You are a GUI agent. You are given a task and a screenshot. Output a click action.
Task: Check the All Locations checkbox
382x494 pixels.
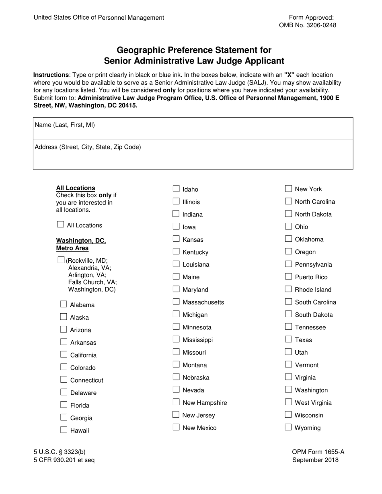(61, 225)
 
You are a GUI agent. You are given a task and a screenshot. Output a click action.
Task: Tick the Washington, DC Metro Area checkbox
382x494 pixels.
(61, 260)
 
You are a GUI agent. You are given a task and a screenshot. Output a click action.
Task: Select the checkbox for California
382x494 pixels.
(64, 354)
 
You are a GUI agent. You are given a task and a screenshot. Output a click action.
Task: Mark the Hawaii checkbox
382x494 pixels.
(64, 430)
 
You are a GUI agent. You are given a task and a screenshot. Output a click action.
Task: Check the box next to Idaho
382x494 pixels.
(176, 189)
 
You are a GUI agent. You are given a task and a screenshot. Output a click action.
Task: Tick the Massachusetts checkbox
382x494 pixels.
(176, 302)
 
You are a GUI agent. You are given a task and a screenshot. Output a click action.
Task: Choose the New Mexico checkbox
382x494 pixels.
(176, 427)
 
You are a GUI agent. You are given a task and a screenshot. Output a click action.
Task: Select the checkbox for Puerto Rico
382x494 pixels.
(288, 276)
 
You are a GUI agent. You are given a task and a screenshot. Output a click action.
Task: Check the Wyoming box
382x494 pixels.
(288, 427)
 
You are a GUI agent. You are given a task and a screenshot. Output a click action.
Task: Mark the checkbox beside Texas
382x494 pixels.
(288, 339)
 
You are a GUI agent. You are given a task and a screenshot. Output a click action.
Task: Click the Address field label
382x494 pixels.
(88, 147)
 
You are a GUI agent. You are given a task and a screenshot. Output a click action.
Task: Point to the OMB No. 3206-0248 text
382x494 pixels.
(308, 25)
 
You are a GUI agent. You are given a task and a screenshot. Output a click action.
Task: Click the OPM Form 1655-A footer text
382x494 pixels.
(318, 452)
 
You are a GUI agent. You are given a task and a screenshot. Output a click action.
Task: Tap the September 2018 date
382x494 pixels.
(315, 460)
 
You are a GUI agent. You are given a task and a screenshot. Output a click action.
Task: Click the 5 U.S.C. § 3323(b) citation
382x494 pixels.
(60, 452)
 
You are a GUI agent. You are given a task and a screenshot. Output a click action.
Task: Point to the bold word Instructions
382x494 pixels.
(51, 75)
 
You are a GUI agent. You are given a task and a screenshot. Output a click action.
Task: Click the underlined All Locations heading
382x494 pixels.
(76, 188)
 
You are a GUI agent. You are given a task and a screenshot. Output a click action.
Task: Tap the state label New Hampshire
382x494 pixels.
(205, 403)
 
